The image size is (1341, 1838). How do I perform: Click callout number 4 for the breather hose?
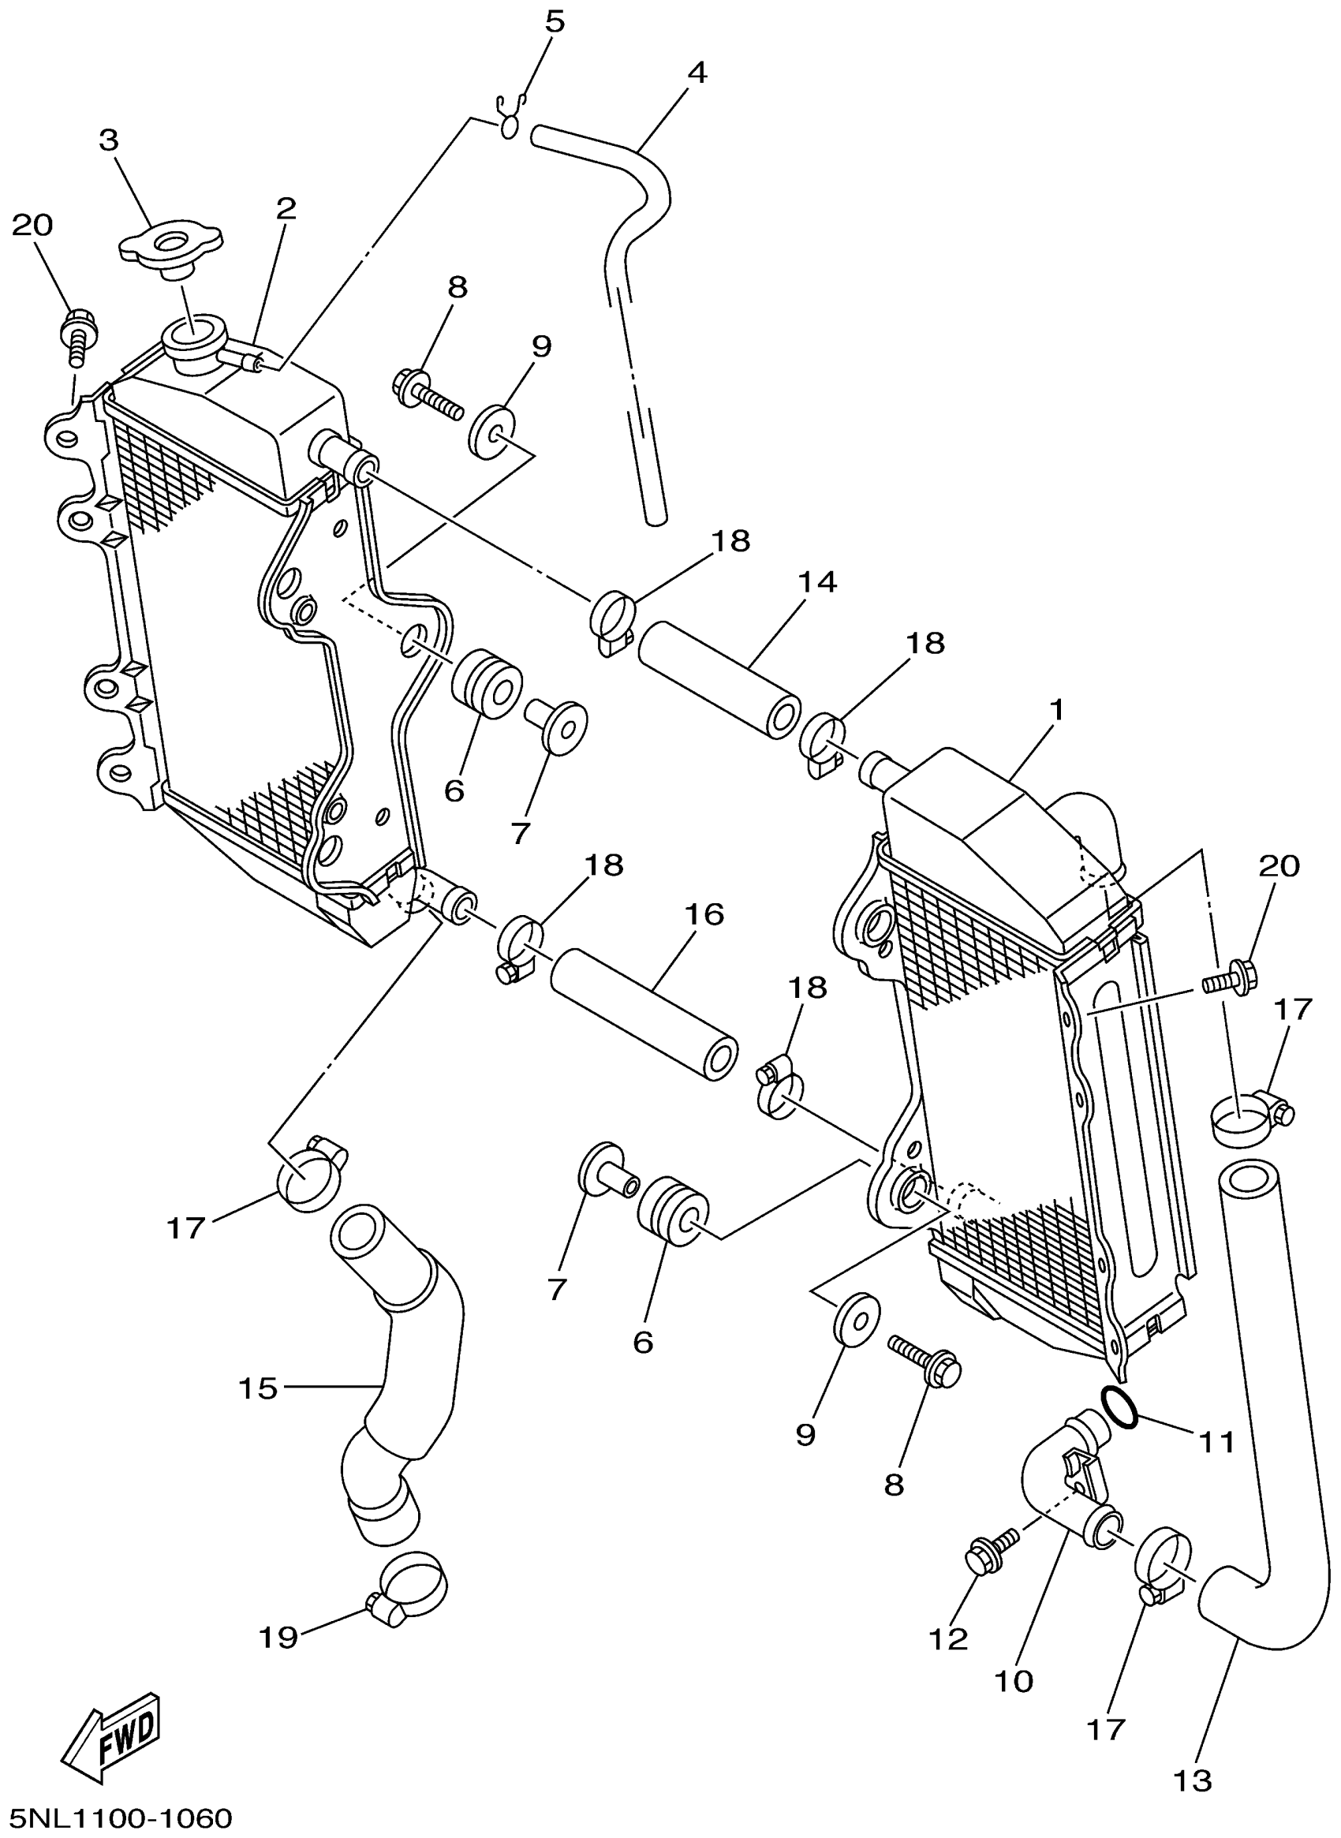(x=696, y=73)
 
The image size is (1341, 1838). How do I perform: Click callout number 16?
(x=704, y=914)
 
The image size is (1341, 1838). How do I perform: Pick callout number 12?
(x=948, y=1639)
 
